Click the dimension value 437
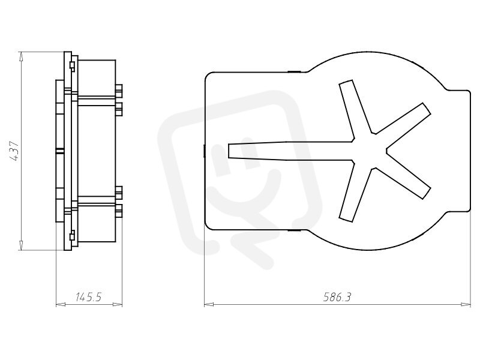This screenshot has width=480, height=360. [14, 151]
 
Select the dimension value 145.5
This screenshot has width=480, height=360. [88, 297]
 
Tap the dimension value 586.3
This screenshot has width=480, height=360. [337, 297]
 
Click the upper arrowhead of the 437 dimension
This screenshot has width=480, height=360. [21, 56]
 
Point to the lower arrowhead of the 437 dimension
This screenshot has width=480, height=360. [21, 245]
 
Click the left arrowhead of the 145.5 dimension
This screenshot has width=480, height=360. [61, 305]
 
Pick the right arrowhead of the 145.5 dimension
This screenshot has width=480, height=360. [118, 305]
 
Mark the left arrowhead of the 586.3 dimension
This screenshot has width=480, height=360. [209, 305]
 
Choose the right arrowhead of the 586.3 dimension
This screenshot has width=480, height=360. [466, 305]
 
